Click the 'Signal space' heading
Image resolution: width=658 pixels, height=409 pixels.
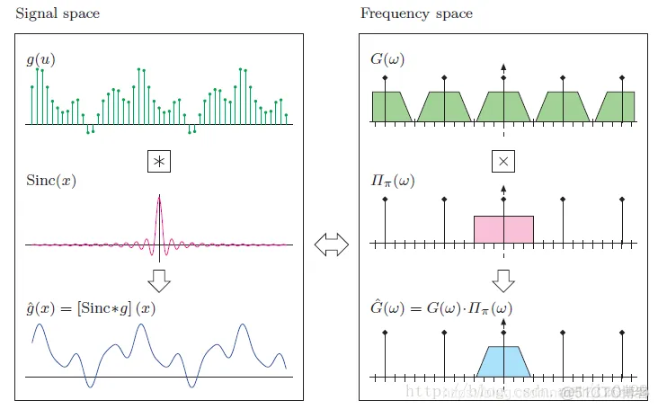click(57, 14)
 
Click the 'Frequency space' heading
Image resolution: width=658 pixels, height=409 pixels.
click(416, 14)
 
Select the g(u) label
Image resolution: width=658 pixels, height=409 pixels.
click(40, 61)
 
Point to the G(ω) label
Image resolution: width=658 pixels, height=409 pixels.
click(387, 61)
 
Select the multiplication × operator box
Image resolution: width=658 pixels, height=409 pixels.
click(503, 161)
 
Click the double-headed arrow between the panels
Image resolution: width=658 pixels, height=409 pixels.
click(332, 244)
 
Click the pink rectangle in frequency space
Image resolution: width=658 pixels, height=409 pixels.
click(503, 229)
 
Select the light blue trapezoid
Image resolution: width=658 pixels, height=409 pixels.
click(503, 361)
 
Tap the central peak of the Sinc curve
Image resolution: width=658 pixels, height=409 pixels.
click(159, 200)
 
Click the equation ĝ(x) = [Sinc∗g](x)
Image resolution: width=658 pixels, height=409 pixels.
click(92, 307)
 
